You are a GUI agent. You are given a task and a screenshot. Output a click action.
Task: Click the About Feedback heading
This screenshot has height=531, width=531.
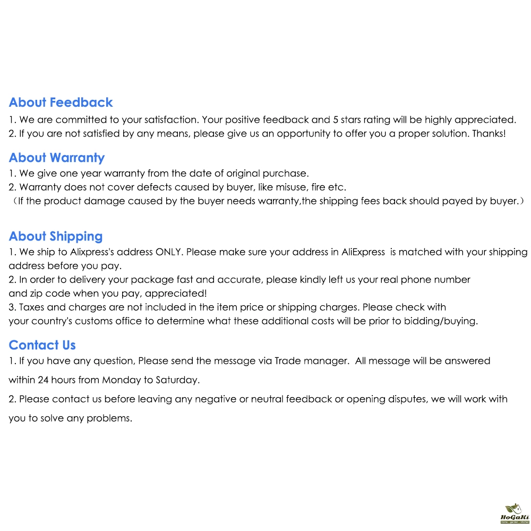point(61,102)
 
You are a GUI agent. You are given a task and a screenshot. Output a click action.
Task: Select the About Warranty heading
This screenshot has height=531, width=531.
point(57,158)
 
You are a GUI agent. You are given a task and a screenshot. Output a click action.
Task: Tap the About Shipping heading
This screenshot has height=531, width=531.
point(56,236)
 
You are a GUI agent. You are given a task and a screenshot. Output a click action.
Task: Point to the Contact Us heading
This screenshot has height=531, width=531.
point(42,345)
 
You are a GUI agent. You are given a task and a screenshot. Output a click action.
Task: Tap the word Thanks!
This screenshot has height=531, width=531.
point(489,134)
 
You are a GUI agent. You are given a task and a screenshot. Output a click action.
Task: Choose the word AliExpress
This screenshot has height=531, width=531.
point(363,252)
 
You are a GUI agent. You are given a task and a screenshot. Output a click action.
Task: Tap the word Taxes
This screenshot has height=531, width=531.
point(33,307)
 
